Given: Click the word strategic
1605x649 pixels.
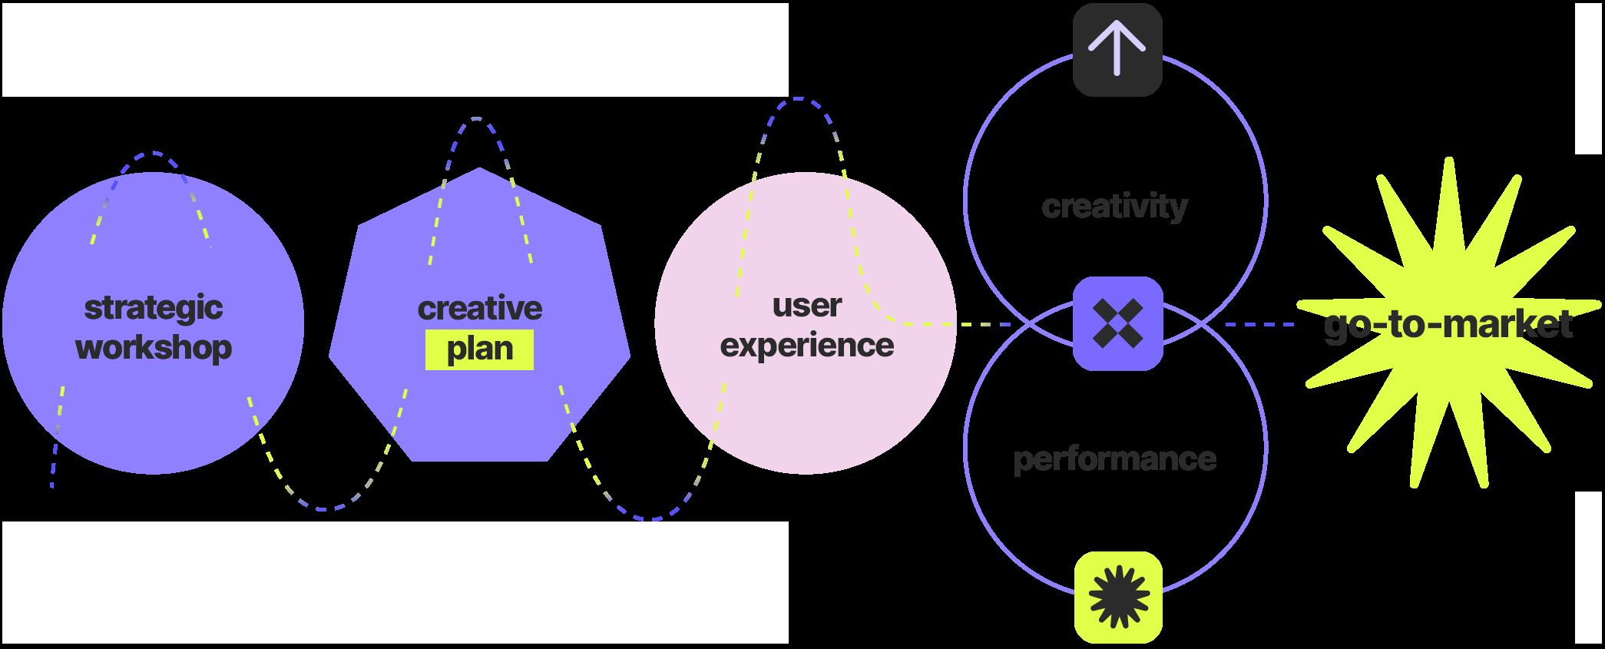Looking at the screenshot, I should [x=153, y=308].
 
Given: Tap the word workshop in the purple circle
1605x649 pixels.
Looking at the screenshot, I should [x=153, y=348].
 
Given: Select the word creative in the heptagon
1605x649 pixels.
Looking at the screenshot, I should [x=480, y=308].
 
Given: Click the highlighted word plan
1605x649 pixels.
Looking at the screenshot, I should [x=480, y=349].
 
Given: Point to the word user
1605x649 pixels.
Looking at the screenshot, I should [x=806, y=305].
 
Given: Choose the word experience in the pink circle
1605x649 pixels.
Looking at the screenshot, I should [x=806, y=345].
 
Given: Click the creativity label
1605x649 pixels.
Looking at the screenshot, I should [x=1114, y=206].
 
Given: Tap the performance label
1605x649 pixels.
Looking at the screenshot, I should [x=1114, y=459].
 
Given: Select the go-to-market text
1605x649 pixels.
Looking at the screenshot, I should [x=1448, y=324].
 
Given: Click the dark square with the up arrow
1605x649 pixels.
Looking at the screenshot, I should [x=1117, y=50].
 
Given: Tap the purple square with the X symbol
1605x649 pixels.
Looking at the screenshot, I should [x=1117, y=323].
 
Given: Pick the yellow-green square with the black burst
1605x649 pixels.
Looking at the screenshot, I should [x=1118, y=597].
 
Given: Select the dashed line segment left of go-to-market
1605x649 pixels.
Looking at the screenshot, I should [x=1259, y=325].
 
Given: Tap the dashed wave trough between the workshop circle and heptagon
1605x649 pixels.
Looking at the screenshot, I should [x=325, y=508].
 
